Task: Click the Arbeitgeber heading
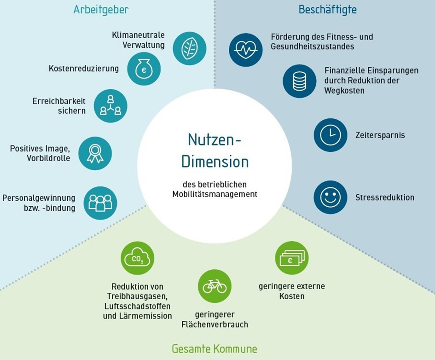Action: click(100, 10)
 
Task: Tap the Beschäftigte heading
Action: click(327, 10)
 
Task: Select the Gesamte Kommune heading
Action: click(214, 348)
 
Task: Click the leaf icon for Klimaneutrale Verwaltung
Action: click(189, 48)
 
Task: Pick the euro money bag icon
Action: click(144, 69)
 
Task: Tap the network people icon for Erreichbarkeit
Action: click(110, 106)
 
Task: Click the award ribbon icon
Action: click(95, 153)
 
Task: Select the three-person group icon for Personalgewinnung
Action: click(100, 203)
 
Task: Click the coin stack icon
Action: click(299, 81)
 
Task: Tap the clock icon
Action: click(331, 135)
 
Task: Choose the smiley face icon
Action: click(331, 197)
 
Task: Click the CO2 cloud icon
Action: click(137, 258)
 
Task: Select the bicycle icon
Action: click(215, 286)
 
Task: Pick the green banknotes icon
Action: click(292, 258)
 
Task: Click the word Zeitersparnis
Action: click(380, 136)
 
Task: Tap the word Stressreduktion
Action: click(384, 197)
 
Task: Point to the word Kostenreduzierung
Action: click(83, 69)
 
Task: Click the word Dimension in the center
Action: click(215, 161)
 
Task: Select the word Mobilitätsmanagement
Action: click(215, 194)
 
